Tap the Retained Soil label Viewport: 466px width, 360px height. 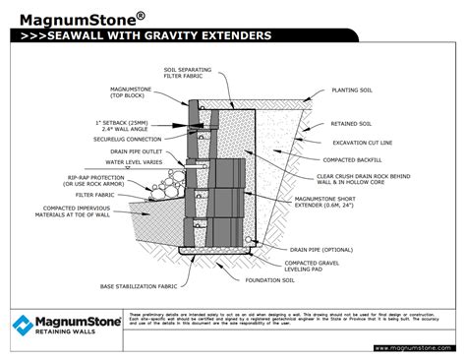[352, 123]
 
